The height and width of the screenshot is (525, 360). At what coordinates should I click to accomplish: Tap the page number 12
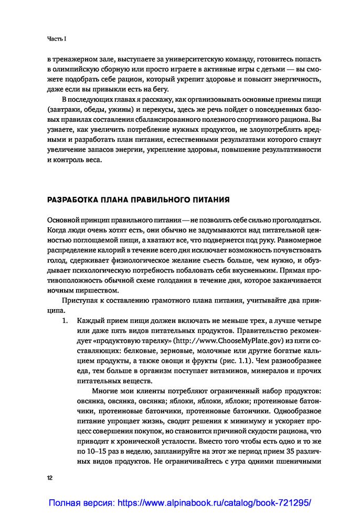(x=50, y=478)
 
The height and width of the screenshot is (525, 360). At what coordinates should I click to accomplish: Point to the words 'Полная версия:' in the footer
(x=81, y=503)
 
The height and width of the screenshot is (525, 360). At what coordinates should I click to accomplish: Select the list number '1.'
(x=66, y=320)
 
